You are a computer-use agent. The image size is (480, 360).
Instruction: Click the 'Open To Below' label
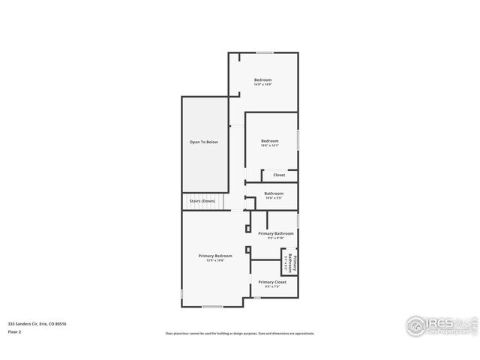coord(203,142)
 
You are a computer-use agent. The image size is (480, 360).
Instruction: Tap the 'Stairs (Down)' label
coord(202,201)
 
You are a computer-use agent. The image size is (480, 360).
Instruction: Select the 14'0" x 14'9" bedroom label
coord(262,80)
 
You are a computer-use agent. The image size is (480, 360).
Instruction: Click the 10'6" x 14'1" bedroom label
coord(270,142)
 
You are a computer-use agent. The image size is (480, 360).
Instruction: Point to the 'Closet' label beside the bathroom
coord(279,175)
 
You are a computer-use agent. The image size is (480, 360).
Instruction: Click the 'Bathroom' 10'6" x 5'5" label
coord(274,193)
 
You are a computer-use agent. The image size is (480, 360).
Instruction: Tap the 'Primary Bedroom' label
coord(215,256)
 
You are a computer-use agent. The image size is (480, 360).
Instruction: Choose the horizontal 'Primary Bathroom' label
coord(276,233)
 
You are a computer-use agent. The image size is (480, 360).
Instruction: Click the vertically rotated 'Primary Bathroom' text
coord(295,264)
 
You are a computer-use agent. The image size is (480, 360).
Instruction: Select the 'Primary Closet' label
coord(273,282)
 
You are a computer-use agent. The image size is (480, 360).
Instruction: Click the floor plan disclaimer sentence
coord(240,334)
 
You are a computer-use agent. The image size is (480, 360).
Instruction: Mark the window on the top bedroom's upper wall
coord(265,52)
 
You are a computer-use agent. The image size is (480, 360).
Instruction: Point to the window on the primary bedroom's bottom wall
coord(213,306)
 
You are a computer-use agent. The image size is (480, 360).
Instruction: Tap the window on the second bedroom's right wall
coord(298,140)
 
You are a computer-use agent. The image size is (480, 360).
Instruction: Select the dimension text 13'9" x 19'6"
coord(215,261)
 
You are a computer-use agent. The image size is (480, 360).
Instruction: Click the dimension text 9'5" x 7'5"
coord(273,286)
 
